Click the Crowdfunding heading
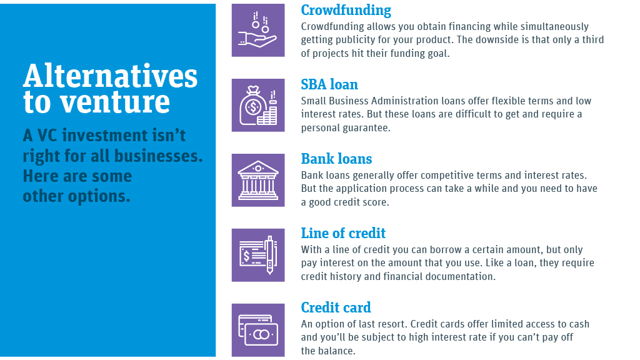click(x=346, y=10)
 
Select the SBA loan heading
click(x=329, y=84)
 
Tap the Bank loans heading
click(x=336, y=159)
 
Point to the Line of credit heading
click(x=343, y=233)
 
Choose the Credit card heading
click(x=336, y=307)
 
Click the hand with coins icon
click(x=258, y=30)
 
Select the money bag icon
click(x=258, y=105)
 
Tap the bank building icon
click(x=258, y=180)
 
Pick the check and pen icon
click(x=258, y=255)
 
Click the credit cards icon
click(x=258, y=330)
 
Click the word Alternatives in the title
click(x=110, y=76)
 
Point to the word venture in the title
click(x=115, y=102)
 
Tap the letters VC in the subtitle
click(x=47, y=136)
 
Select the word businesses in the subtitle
click(x=158, y=156)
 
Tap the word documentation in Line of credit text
click(x=460, y=276)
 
